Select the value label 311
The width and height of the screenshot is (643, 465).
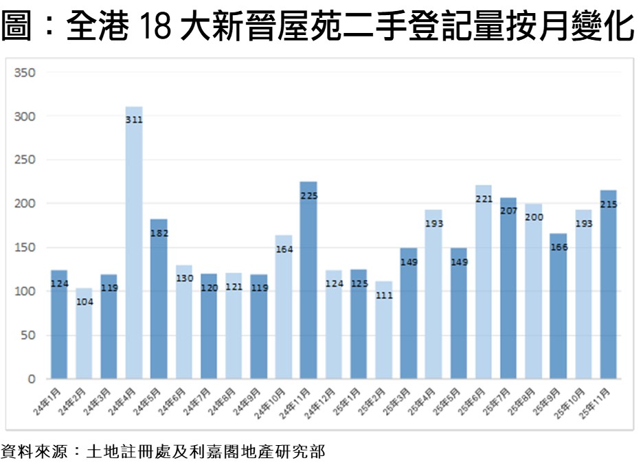point(134,120)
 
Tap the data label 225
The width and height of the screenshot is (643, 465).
point(308,195)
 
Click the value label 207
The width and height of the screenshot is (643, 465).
point(508,210)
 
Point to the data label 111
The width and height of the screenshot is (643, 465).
point(383,295)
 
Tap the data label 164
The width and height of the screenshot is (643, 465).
point(284,249)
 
